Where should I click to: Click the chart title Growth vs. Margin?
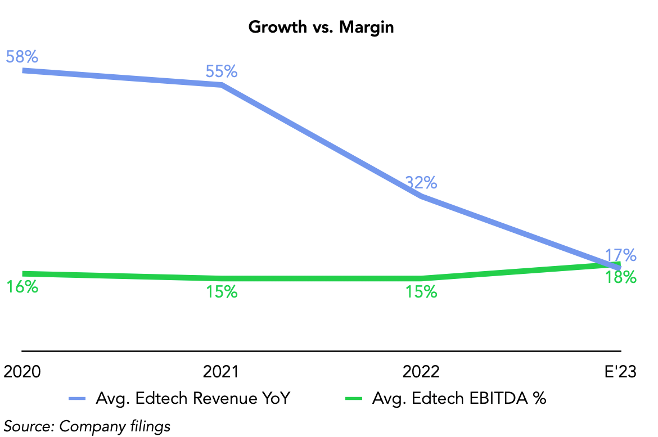321,27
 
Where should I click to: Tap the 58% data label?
22,57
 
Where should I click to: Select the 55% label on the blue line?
221,71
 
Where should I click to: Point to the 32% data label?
421,182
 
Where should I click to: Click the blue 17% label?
620,255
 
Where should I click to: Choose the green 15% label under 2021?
221,292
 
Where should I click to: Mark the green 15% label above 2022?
421,292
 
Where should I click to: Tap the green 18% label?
620,277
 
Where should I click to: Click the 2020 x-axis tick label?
22,372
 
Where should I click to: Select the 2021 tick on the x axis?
221,372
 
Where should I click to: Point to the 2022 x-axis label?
421,372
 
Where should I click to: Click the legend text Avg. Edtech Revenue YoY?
192,398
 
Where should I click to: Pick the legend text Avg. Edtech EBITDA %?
459,398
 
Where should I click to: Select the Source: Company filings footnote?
87,426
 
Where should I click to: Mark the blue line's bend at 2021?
223,85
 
